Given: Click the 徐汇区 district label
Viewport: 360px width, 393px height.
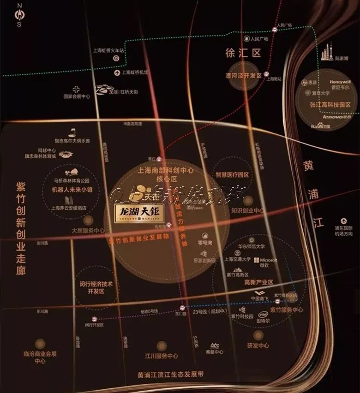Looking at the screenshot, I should point(243,53).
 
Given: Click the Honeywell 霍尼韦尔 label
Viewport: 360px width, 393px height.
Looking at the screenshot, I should point(341,84).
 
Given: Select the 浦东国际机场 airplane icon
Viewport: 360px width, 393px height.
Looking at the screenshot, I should point(343,222).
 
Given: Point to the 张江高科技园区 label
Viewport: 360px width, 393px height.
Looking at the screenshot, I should point(330,105).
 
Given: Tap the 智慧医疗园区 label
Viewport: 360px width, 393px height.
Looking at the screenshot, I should point(232,175).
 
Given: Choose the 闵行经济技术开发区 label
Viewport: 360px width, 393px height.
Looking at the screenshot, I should point(96,288).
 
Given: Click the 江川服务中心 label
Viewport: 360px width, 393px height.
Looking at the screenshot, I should point(161,356).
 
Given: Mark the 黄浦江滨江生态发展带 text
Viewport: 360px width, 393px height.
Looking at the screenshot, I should point(174,374).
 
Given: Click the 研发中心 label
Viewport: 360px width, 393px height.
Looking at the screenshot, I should point(258,345).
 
